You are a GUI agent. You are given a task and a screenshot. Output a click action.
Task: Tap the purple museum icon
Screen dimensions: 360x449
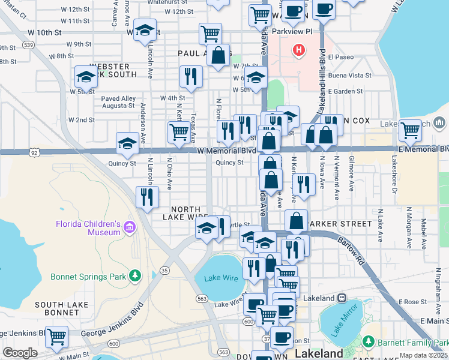coord(130,226)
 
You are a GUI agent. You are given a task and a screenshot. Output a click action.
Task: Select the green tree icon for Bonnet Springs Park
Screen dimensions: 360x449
coord(136,276)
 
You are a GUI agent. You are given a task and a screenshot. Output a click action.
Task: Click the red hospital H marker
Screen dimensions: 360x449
coord(298,50)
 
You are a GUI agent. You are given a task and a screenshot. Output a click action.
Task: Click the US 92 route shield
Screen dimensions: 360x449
coord(35,153)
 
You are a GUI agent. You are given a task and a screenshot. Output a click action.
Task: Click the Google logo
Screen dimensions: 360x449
coord(19,353)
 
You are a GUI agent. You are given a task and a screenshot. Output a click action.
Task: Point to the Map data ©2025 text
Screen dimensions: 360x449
coord(423,355)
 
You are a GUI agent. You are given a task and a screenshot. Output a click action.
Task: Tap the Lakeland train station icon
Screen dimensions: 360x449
coord(342,298)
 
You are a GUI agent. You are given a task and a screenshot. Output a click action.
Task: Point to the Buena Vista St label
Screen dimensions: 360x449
coord(350,76)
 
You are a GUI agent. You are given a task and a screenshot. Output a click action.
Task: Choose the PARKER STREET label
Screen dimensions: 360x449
coord(340,223)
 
